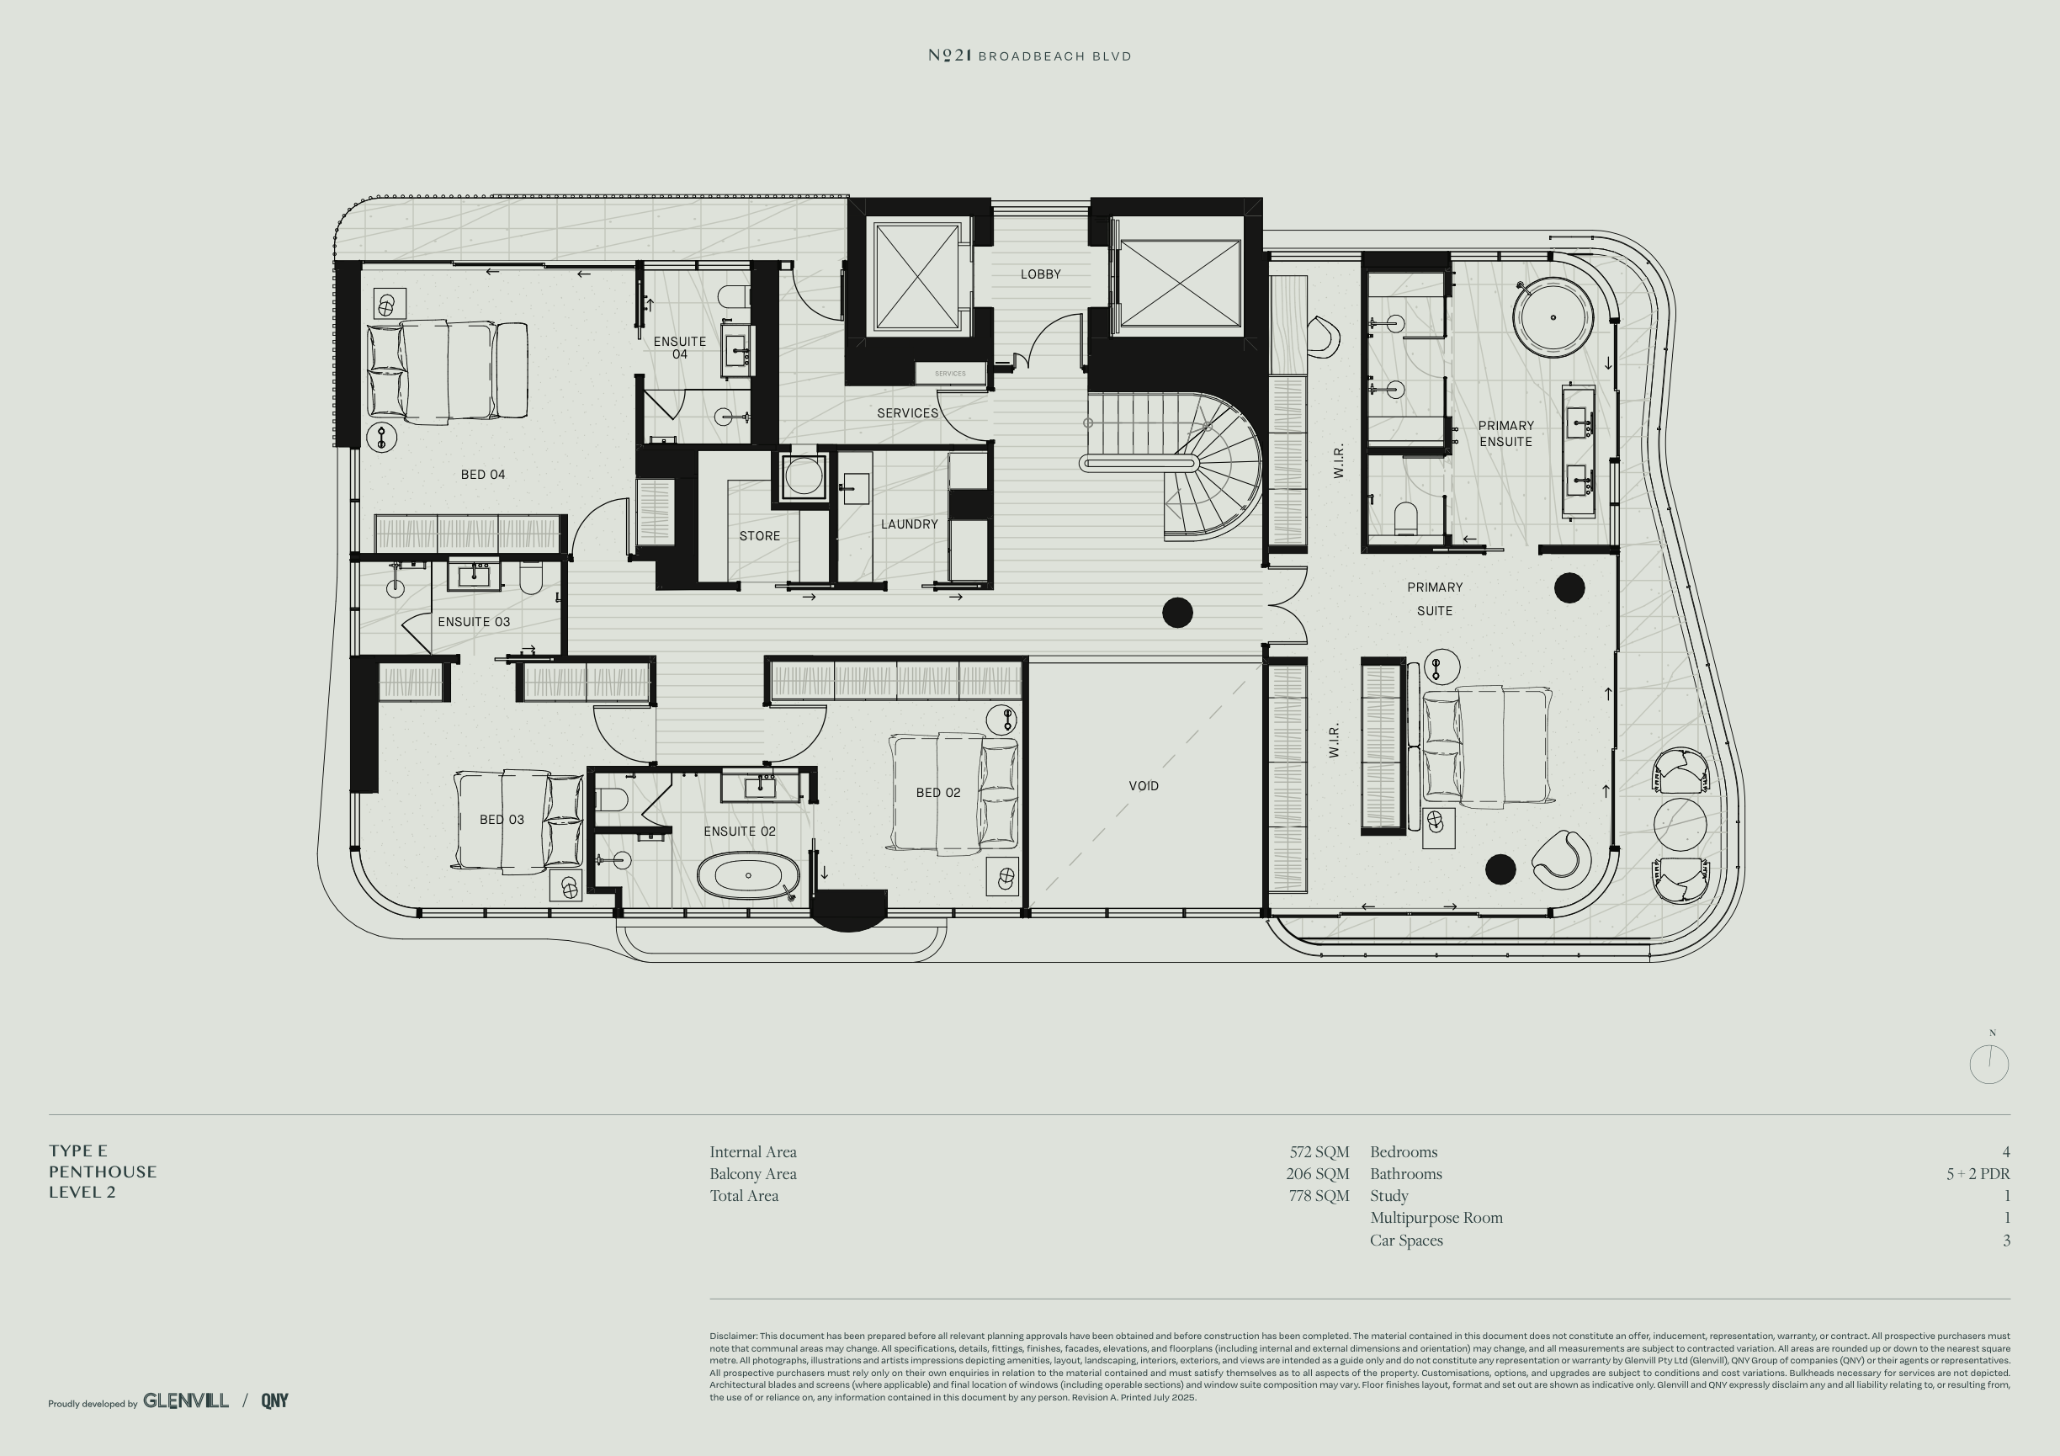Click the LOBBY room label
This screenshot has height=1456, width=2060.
click(1041, 274)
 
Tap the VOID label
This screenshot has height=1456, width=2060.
click(1143, 786)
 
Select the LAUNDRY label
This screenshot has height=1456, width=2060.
click(909, 524)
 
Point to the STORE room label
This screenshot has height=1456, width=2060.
click(759, 535)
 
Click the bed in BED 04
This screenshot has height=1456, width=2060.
click(448, 369)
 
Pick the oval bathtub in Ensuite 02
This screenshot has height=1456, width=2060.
click(748, 874)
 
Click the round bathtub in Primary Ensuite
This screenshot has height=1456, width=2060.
click(1553, 316)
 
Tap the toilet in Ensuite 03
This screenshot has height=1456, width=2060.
click(530, 581)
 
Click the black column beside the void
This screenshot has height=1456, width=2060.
click(1177, 613)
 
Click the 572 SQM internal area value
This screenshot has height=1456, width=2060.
click(1319, 1152)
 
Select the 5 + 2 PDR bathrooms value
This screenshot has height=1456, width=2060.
click(1978, 1173)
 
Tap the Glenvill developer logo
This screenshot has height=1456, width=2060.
click(186, 1400)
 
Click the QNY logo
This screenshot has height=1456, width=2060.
click(274, 1400)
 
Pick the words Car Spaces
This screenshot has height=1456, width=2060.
click(1406, 1241)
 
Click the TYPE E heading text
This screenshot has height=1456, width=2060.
click(78, 1151)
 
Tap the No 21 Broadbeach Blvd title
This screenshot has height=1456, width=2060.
click(1029, 56)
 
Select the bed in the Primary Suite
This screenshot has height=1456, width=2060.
click(1487, 745)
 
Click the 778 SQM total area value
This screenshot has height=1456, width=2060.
click(1319, 1196)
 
